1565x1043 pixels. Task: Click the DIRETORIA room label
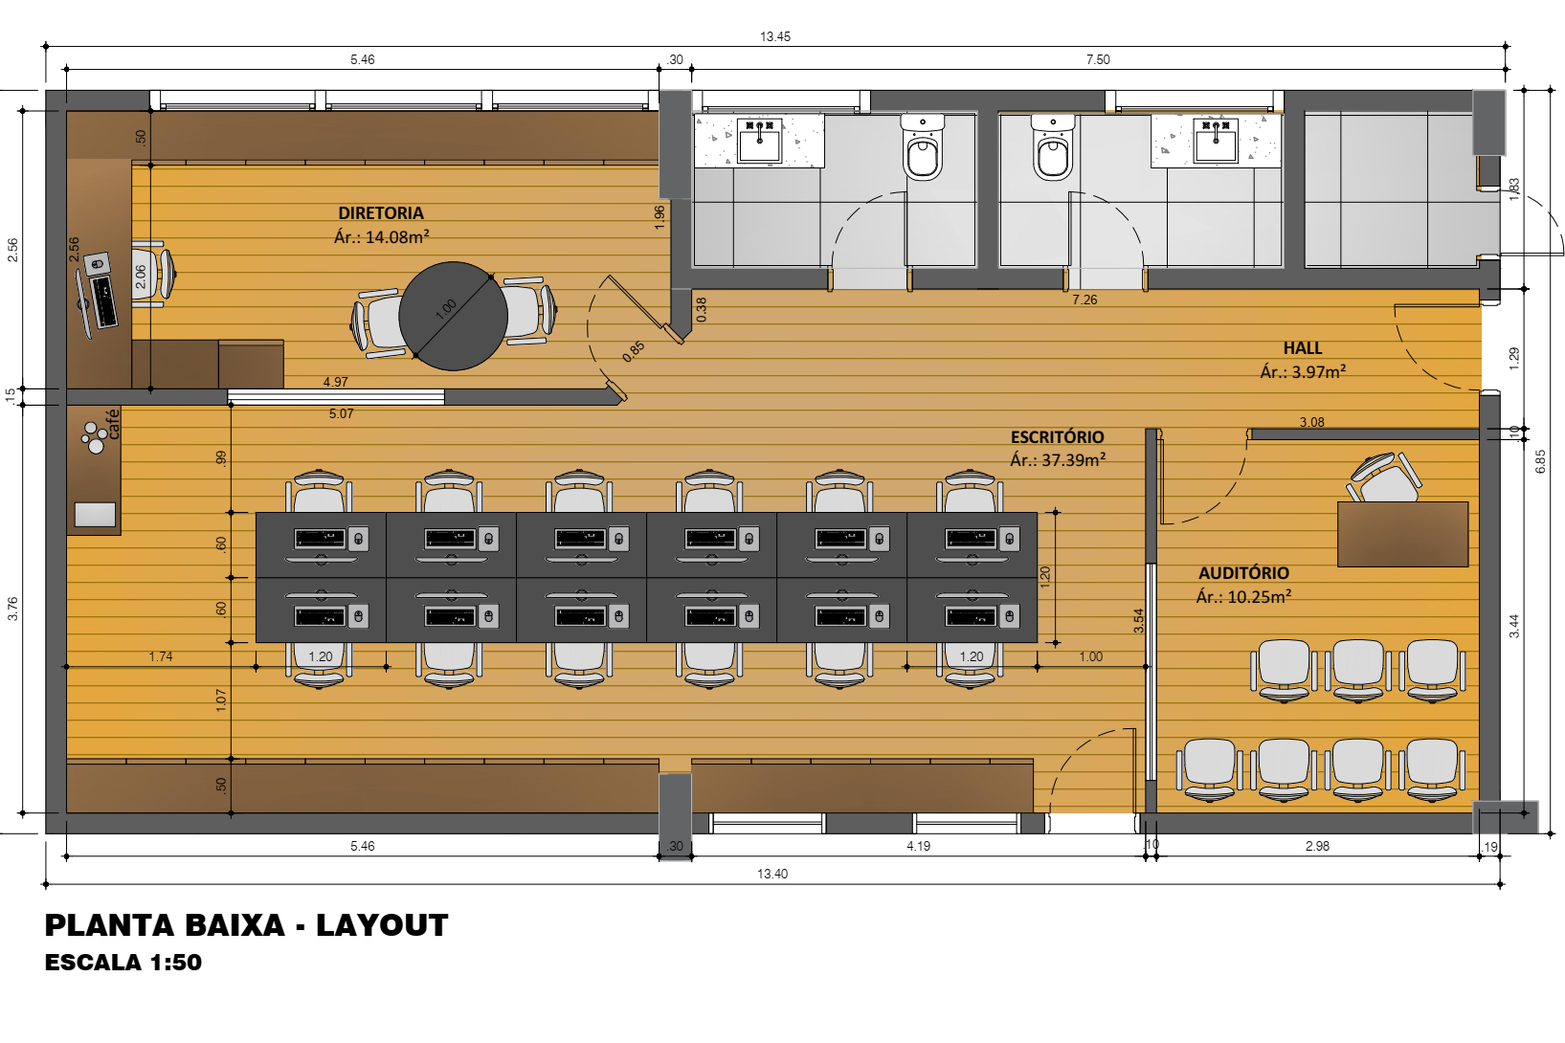tap(381, 213)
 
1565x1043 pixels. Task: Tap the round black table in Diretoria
tap(453, 316)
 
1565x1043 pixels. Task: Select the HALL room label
tap(1303, 348)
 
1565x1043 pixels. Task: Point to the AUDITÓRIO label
tap(1243, 573)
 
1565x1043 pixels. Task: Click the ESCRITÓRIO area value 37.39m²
tap(1073, 460)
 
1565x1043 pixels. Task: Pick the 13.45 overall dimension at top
tap(774, 37)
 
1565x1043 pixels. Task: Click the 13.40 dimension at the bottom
tap(772, 874)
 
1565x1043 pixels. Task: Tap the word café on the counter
tap(113, 424)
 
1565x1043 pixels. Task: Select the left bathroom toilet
tap(922, 148)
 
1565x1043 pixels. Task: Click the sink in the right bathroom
tap(1216, 140)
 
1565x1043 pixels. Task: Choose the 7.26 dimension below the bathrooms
tap(1084, 300)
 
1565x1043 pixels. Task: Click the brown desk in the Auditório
tap(1402, 534)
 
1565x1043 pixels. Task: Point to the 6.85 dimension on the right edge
tap(1540, 461)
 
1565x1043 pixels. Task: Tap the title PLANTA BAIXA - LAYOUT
tap(247, 925)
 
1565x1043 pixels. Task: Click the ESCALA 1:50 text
tap(123, 963)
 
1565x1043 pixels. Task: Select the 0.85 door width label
tap(633, 351)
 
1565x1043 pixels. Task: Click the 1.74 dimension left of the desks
tap(161, 656)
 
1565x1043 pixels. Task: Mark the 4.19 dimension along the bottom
tap(918, 846)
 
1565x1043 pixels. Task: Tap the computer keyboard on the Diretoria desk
tap(103, 301)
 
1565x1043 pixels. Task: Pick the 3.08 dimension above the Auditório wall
tap(1311, 422)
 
